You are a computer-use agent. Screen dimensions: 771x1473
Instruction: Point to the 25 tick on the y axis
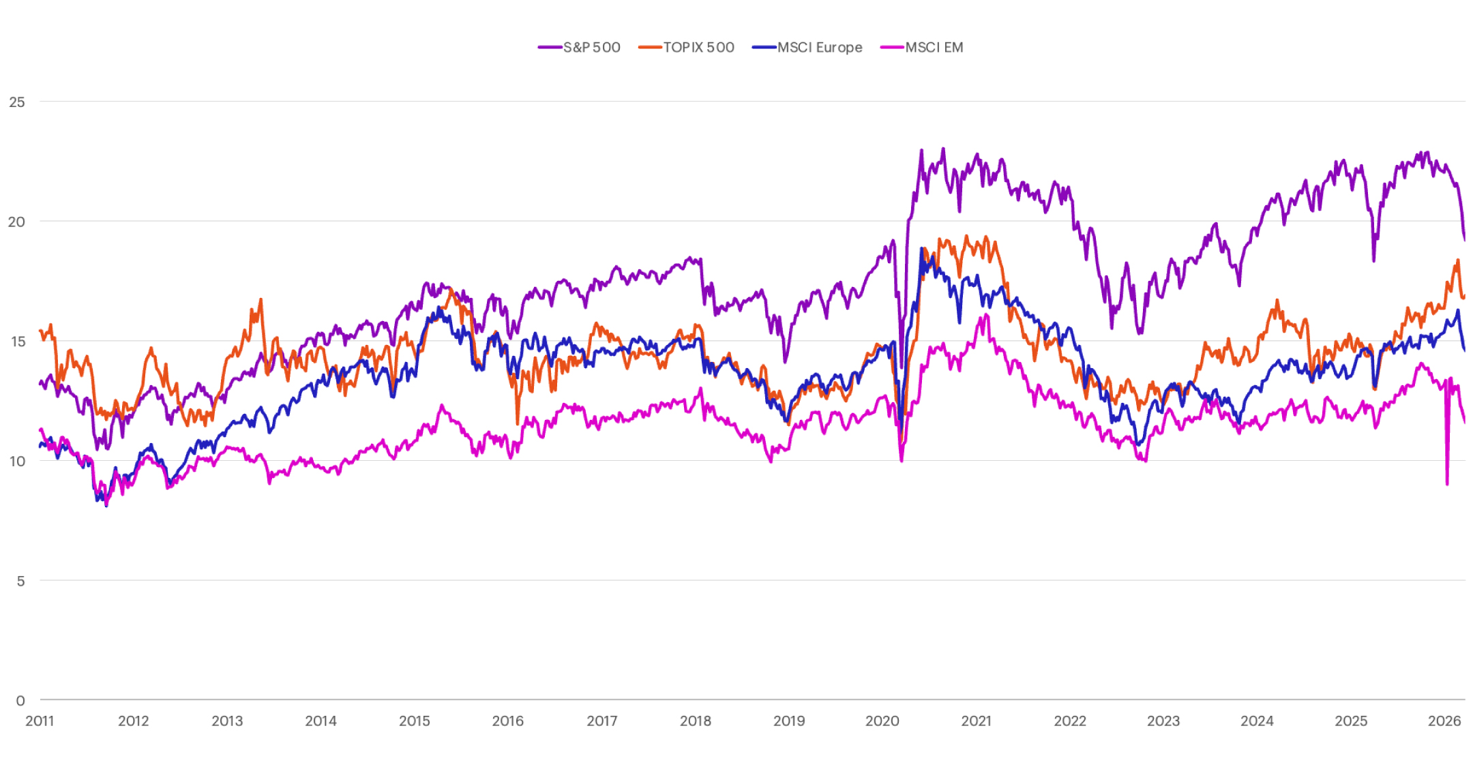[x=17, y=102]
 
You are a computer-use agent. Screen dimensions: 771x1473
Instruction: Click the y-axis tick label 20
[x=17, y=222]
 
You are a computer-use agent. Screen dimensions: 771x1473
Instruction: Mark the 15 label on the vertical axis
[x=18, y=342]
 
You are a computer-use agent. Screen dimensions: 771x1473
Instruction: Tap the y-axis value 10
[x=17, y=462]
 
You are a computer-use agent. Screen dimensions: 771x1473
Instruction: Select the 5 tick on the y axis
[x=20, y=581]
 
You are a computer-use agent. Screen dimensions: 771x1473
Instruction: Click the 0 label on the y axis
[x=20, y=700]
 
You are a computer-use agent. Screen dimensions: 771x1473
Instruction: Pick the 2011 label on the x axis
[x=40, y=721]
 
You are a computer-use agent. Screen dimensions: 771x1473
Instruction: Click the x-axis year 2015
[x=414, y=721]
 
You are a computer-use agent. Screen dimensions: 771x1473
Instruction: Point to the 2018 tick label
[x=695, y=721]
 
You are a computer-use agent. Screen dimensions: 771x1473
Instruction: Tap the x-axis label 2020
[x=882, y=721]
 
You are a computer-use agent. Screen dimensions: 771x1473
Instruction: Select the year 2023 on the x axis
[x=1163, y=721]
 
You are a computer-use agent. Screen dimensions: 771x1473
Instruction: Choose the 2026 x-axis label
[x=1444, y=721]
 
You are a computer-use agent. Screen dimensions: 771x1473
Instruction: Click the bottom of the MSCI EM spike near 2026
[x=1447, y=484]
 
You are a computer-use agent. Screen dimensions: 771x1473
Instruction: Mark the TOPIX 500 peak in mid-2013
[x=261, y=300]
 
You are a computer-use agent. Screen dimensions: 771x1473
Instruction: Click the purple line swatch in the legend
[x=550, y=47]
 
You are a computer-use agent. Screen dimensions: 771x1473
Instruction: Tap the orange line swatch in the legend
[x=650, y=47]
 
